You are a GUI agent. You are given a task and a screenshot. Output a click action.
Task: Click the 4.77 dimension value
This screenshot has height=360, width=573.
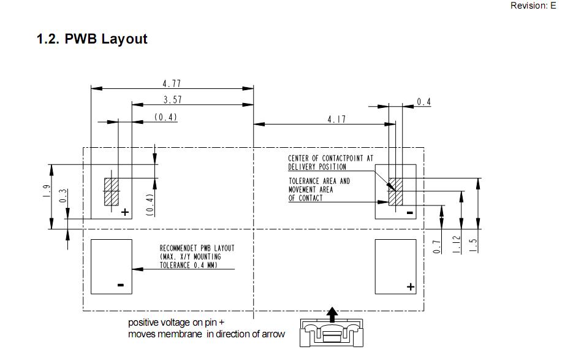[172, 83]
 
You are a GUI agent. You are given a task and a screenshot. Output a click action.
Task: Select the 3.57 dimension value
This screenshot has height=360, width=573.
[172, 100]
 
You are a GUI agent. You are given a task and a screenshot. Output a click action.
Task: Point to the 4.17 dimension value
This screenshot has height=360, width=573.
[336, 120]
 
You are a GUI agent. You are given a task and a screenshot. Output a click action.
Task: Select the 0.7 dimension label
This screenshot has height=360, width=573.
[437, 246]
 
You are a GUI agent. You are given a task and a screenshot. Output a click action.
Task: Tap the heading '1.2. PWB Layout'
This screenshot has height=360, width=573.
[92, 39]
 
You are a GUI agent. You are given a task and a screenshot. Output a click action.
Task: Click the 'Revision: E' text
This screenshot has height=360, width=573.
[533, 6]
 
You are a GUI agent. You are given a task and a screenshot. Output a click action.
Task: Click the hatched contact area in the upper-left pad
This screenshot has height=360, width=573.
[111, 191]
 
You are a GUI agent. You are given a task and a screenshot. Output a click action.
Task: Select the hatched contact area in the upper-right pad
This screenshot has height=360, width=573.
[394, 191]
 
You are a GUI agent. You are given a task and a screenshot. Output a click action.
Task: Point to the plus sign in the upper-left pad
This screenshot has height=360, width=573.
[125, 212]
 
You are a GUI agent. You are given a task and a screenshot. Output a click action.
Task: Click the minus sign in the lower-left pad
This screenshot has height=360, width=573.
[121, 285]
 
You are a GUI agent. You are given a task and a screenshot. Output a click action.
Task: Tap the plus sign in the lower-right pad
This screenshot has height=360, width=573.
[410, 286]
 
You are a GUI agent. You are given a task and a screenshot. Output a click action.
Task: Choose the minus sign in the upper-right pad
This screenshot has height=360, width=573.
[409, 213]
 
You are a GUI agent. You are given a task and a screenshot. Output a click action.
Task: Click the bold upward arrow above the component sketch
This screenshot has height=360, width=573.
[332, 313]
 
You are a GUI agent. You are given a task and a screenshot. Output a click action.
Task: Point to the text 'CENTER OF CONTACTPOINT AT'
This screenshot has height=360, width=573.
[322, 158]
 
